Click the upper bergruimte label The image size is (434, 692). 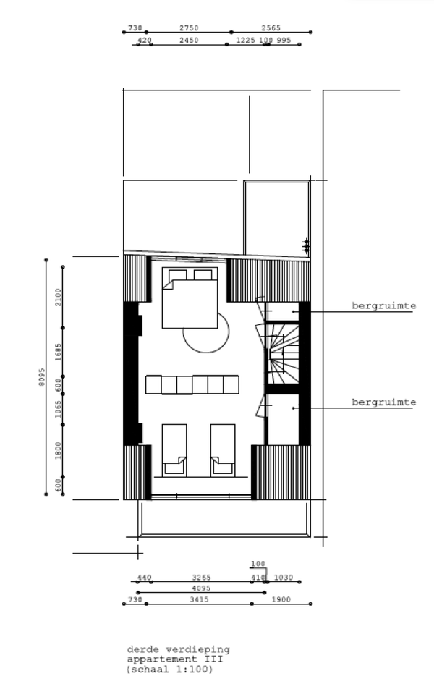[383, 305]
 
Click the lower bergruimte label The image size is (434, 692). [383, 402]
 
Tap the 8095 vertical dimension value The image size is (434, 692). [42, 377]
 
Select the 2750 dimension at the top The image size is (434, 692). [189, 28]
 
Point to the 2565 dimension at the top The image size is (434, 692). [271, 28]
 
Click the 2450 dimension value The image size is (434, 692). [189, 40]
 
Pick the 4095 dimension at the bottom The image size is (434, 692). [201, 588]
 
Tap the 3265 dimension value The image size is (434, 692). [202, 577]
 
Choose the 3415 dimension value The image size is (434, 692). [200, 599]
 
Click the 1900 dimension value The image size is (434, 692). [281, 599]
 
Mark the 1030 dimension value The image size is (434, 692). [284, 577]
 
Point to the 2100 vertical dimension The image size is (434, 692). [59, 297]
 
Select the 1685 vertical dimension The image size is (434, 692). [59, 352]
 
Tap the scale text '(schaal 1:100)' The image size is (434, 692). [170, 669]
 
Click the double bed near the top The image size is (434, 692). [190, 298]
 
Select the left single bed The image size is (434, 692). [174, 450]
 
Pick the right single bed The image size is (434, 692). [223, 450]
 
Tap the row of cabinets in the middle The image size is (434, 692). [192, 384]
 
